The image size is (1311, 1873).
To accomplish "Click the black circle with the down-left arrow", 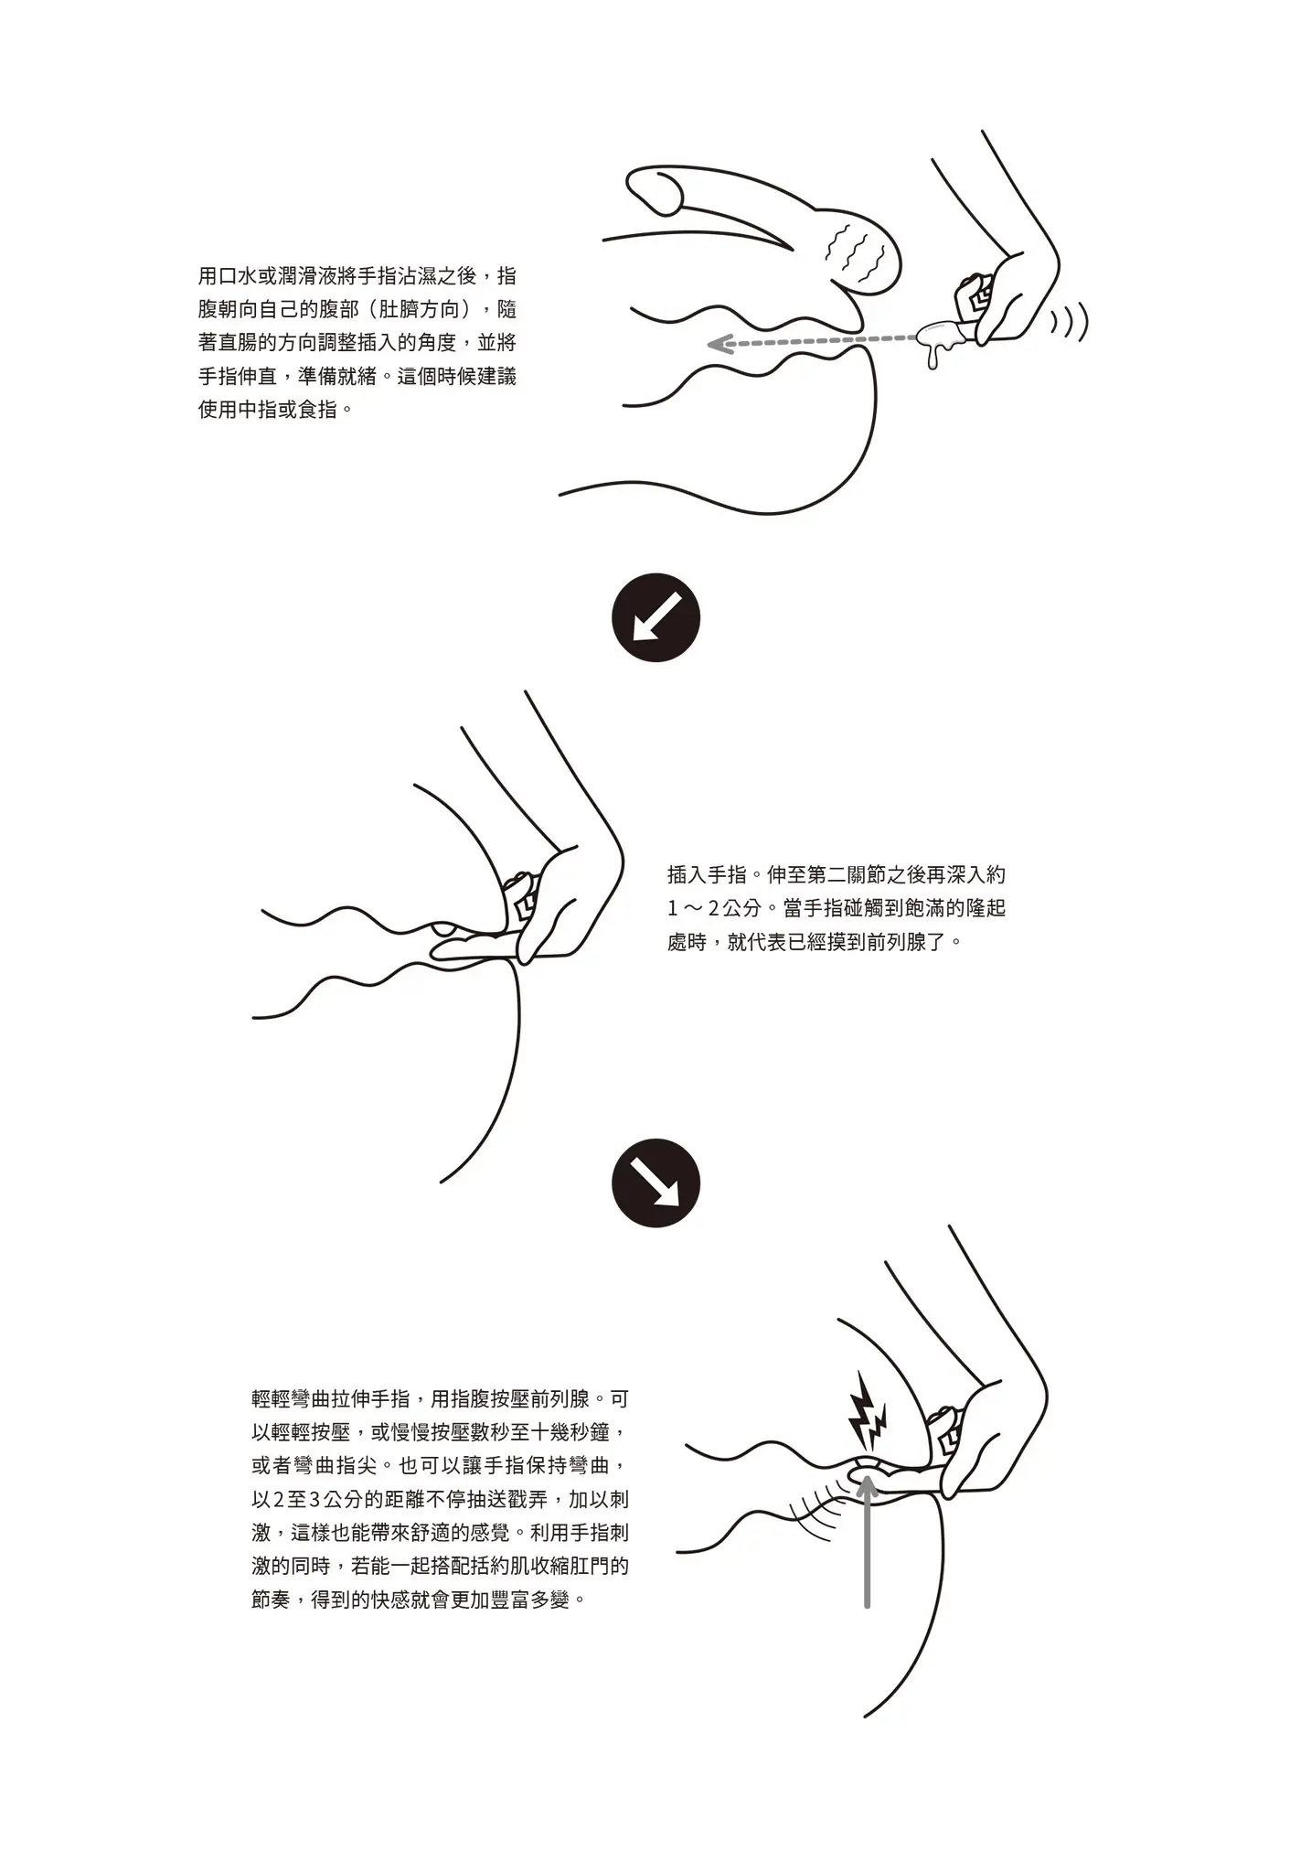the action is click(x=655, y=616).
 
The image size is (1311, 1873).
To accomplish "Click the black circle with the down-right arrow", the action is click(x=655, y=1183).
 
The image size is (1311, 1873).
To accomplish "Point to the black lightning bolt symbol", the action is click(x=868, y=1427).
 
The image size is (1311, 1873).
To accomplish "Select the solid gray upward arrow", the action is click(x=867, y=1540).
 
